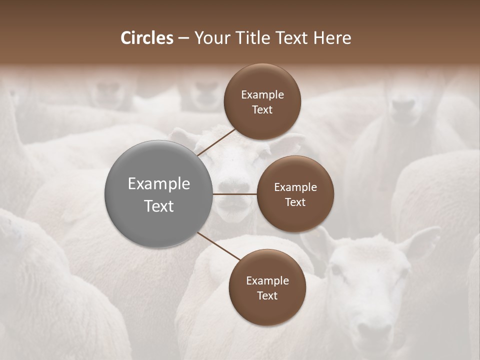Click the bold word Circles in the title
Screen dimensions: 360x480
pos(147,38)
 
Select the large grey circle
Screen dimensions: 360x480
pos(159,194)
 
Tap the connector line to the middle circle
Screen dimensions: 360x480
pos(235,194)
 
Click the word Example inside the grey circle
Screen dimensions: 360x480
pos(159,184)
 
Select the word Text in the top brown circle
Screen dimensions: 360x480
pos(262,109)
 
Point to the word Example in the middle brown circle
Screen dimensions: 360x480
pos(295,187)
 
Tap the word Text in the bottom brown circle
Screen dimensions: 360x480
pos(267,295)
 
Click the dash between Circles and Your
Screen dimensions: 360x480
pos(183,38)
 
